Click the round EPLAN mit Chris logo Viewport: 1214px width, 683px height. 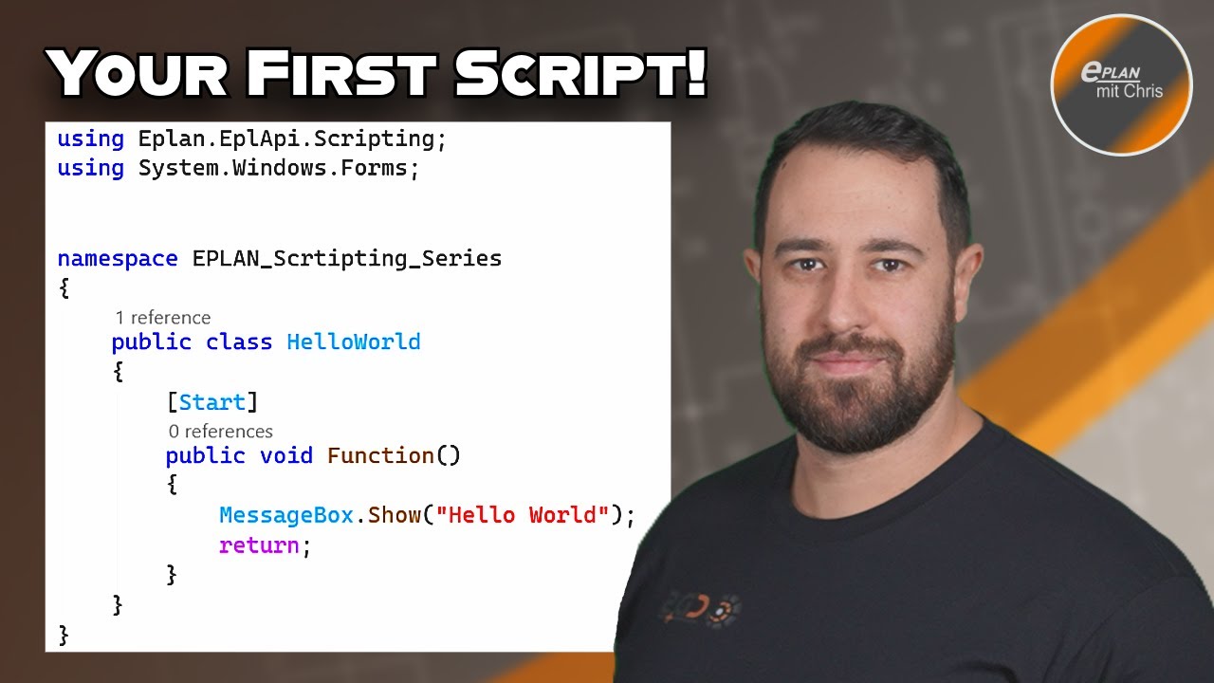click(x=1121, y=85)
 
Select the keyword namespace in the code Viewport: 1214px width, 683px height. click(x=118, y=258)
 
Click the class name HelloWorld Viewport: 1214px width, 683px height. click(x=354, y=341)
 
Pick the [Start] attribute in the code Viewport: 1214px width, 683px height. click(x=212, y=402)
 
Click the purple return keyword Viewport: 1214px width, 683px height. click(x=259, y=545)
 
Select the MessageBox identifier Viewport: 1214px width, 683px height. click(x=286, y=515)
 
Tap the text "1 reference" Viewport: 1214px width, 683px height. click(x=163, y=318)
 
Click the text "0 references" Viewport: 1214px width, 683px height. click(x=221, y=432)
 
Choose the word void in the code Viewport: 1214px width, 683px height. click(x=285, y=455)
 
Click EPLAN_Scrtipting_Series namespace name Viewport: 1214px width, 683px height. click(x=347, y=258)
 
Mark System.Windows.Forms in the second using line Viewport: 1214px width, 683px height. click(x=274, y=168)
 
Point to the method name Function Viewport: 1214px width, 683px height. click(x=380, y=455)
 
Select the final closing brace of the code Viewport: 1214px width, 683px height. click(x=64, y=633)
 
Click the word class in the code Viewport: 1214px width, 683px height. click(x=239, y=341)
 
